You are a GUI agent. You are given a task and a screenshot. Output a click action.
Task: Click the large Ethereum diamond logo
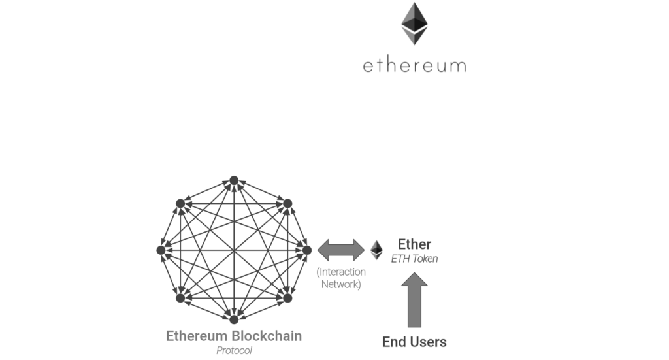click(x=414, y=24)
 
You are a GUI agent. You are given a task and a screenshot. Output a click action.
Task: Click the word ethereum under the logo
click(x=414, y=65)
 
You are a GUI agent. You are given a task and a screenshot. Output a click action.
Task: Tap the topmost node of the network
click(x=234, y=180)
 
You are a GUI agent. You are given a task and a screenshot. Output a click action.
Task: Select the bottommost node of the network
click(x=234, y=319)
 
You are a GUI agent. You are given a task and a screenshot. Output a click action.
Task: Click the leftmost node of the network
click(x=161, y=250)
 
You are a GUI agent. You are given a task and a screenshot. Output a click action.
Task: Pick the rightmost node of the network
click(x=307, y=250)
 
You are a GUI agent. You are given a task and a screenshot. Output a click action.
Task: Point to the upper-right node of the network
click(x=287, y=203)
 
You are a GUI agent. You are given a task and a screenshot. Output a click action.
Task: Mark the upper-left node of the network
click(x=180, y=203)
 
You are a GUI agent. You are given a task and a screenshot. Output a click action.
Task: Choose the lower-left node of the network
click(x=180, y=298)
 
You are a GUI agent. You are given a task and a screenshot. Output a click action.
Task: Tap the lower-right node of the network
click(x=287, y=298)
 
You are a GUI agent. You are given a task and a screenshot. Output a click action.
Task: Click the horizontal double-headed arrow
click(x=341, y=250)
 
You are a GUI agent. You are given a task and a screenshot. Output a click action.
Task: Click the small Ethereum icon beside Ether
click(x=376, y=250)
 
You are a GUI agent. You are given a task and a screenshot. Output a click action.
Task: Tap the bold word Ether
click(x=414, y=244)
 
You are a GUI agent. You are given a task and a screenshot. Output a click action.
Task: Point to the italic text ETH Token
click(x=414, y=259)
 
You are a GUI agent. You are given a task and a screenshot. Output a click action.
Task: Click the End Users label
click(x=414, y=342)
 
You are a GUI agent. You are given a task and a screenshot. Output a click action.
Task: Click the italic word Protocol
click(x=234, y=351)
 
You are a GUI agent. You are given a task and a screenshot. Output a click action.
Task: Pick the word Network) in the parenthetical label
click(x=341, y=285)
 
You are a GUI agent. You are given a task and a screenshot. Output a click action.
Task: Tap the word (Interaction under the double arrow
click(x=341, y=272)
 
